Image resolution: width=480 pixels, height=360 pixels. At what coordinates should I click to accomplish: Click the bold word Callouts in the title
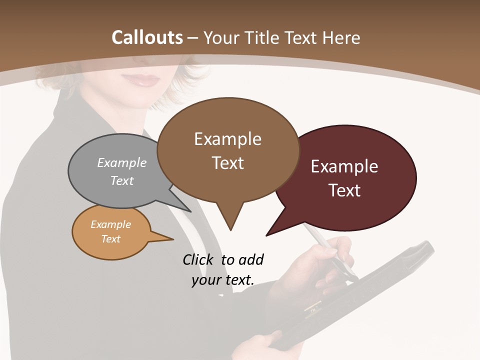tap(147, 37)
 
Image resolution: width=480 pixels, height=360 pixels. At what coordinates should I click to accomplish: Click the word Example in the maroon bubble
tap(344, 166)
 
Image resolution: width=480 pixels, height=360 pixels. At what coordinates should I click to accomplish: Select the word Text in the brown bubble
tap(228, 163)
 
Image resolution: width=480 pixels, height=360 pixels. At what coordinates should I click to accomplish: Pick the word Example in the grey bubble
tap(122, 162)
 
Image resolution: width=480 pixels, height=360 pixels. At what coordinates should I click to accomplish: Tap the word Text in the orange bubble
tap(111, 239)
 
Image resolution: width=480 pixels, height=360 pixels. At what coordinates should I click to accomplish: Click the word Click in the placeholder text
tap(198, 259)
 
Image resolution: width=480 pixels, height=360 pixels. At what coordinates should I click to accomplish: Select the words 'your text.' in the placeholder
tap(223, 280)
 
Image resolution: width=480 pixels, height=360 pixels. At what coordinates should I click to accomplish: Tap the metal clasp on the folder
tap(312, 307)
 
